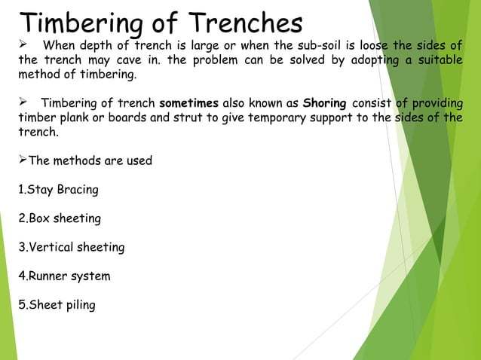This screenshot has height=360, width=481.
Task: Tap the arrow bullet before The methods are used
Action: tap(22, 160)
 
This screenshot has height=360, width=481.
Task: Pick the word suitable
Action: tap(440, 63)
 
